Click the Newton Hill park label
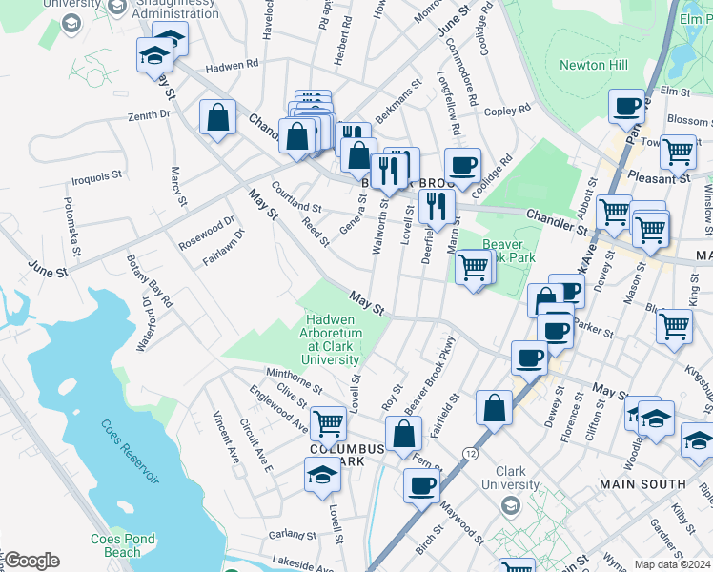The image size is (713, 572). [607, 65]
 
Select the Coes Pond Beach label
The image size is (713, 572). [122, 545]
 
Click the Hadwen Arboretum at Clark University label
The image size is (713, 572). [331, 339]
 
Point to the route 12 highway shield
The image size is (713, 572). [471, 447]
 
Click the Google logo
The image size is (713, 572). [31, 561]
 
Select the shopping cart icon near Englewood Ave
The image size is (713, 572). [328, 420]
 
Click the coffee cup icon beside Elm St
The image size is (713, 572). [627, 107]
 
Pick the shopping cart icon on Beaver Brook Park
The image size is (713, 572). [474, 269]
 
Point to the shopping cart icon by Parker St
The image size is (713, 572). [673, 325]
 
